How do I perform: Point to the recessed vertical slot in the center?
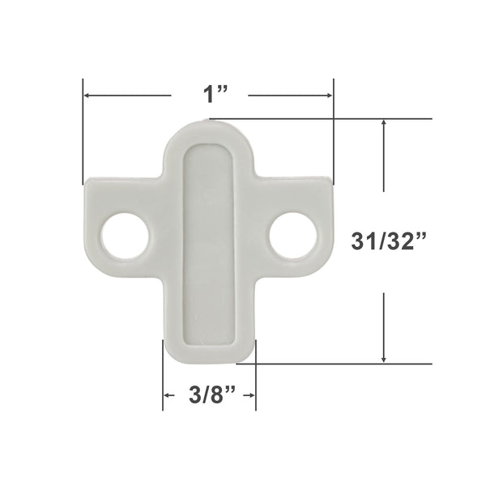pyautogui.click(x=210, y=243)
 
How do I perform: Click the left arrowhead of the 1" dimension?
pyautogui.click(x=88, y=96)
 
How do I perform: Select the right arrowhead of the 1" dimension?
pyautogui.click(x=329, y=96)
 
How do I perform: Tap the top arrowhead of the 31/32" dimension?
pyautogui.click(x=385, y=124)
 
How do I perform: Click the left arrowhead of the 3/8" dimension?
pyautogui.click(x=168, y=395)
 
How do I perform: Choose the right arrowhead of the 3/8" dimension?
pyautogui.click(x=252, y=395)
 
